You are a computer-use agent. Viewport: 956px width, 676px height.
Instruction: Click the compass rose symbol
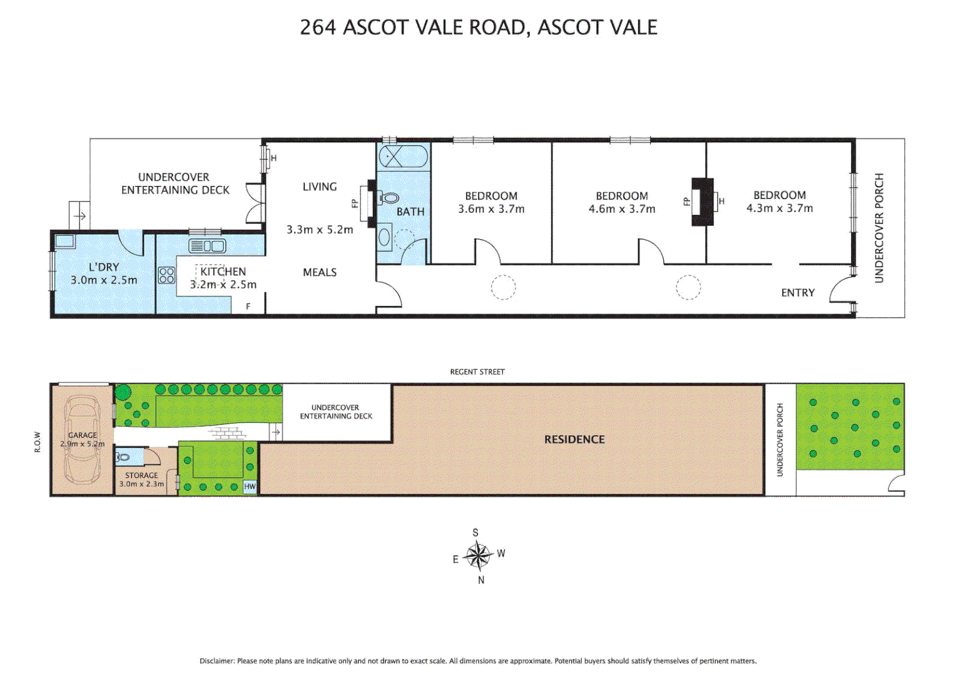pyautogui.click(x=479, y=555)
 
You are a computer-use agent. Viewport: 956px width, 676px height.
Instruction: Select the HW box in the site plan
pyautogui.click(x=250, y=486)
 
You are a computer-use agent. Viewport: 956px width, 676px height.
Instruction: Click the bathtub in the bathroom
pyautogui.click(x=404, y=156)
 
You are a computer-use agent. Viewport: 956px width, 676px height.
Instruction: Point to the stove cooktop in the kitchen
pyautogui.click(x=166, y=275)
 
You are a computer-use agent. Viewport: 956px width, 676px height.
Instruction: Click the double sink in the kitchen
pyautogui.click(x=207, y=246)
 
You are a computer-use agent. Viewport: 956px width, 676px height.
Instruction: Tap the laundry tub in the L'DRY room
pyautogui.click(x=64, y=242)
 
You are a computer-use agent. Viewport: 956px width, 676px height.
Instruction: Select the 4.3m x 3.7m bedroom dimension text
pyautogui.click(x=780, y=208)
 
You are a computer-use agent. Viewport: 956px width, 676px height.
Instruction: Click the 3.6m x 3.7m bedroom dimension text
pyautogui.click(x=491, y=209)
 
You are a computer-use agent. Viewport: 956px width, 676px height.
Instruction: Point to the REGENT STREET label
pyautogui.click(x=477, y=372)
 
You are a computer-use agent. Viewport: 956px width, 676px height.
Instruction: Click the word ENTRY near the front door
pyautogui.click(x=798, y=292)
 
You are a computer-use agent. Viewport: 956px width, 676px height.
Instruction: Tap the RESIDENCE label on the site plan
pyautogui.click(x=574, y=439)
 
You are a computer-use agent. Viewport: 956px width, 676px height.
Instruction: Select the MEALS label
pyautogui.click(x=320, y=272)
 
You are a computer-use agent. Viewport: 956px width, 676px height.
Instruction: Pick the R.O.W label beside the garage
pyautogui.click(x=38, y=441)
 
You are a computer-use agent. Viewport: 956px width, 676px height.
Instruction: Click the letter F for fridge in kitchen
pyautogui.click(x=248, y=307)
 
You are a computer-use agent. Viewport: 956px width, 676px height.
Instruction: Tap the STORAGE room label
pyautogui.click(x=141, y=475)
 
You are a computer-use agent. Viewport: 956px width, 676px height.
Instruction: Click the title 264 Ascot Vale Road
pyautogui.click(x=479, y=28)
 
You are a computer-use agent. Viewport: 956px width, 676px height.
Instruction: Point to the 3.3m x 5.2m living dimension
pyautogui.click(x=320, y=230)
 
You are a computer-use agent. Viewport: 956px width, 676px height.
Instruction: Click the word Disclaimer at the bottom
pyautogui.click(x=217, y=661)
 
